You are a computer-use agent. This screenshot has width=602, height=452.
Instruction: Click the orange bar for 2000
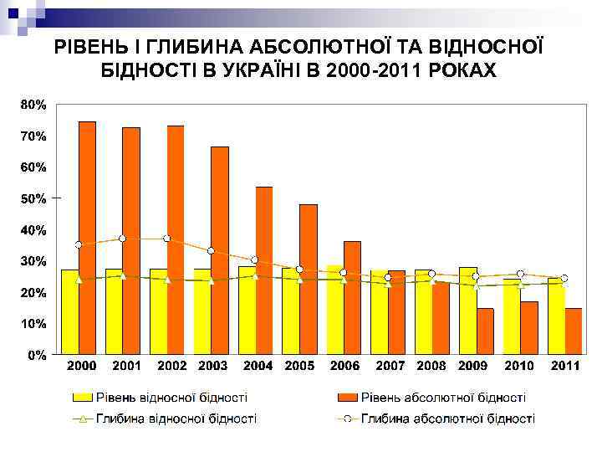click(x=87, y=238)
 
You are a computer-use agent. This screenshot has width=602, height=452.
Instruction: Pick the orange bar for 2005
click(x=309, y=280)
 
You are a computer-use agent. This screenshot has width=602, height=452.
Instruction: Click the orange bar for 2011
click(x=573, y=331)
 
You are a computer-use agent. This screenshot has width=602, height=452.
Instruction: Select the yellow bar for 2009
click(x=468, y=311)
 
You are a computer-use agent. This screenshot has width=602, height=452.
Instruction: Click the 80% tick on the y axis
click(x=33, y=105)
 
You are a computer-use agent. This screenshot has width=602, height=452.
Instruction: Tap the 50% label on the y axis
click(x=33, y=198)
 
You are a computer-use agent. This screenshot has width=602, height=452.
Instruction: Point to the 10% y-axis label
click(x=33, y=323)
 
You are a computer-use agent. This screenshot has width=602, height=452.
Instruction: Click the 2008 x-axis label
click(x=432, y=366)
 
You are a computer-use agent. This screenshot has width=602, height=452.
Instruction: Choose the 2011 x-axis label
click(x=565, y=366)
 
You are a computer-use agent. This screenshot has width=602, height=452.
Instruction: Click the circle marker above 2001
click(x=122, y=239)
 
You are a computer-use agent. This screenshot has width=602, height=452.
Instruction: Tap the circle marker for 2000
click(x=79, y=244)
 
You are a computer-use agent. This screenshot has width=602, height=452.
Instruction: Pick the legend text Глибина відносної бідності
click(x=176, y=418)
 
